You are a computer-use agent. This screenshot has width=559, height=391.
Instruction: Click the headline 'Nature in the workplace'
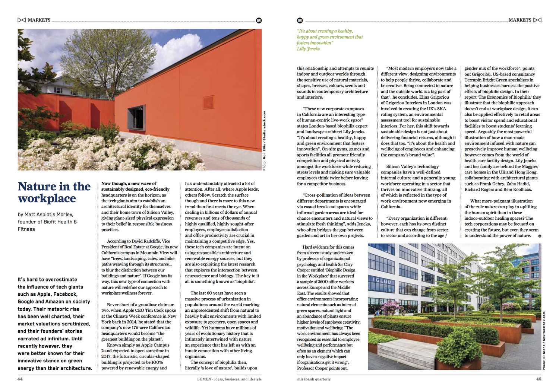(54, 192)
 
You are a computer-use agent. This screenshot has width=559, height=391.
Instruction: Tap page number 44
(20, 379)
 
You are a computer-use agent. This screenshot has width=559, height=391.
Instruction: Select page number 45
(539, 379)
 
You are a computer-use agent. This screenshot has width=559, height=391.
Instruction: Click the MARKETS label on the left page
(39, 20)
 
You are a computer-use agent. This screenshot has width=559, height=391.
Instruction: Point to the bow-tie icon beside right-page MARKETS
(537, 20)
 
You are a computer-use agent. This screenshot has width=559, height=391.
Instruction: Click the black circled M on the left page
(259, 20)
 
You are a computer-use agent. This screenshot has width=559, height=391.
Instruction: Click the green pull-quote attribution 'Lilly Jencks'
(308, 49)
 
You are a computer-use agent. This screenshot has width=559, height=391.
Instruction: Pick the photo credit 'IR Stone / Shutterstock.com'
(544, 340)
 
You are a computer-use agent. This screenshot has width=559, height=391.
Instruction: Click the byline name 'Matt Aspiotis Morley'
(48, 214)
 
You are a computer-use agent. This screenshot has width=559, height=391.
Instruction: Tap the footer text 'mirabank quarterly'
(313, 379)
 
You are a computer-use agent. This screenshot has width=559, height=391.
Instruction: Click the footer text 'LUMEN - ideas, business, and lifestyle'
(229, 379)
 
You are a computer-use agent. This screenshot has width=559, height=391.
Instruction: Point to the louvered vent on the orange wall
(208, 102)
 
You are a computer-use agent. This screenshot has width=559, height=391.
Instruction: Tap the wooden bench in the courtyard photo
(399, 348)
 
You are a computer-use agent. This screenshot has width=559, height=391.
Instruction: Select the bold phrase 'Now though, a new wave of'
(129, 184)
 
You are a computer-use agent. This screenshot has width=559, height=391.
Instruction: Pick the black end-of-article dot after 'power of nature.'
(540, 236)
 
